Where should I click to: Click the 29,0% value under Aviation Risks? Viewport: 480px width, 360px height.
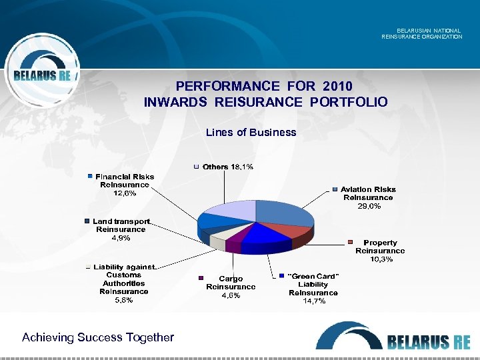pyautogui.click(x=368, y=207)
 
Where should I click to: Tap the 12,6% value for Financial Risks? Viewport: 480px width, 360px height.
pyautogui.click(x=124, y=193)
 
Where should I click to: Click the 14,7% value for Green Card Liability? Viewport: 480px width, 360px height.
pyautogui.click(x=313, y=301)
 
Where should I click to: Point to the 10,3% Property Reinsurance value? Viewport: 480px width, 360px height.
pyautogui.click(x=381, y=259)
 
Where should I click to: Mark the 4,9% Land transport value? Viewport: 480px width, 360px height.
pyautogui.click(x=121, y=237)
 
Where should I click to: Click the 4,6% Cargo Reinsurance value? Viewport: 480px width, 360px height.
pyautogui.click(x=231, y=295)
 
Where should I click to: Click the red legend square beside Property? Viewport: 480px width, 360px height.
pyautogui.click(x=350, y=242)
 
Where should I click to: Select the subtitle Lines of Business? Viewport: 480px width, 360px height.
pyautogui.click(x=251, y=132)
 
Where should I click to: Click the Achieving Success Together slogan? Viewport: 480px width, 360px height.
pyautogui.click(x=98, y=337)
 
